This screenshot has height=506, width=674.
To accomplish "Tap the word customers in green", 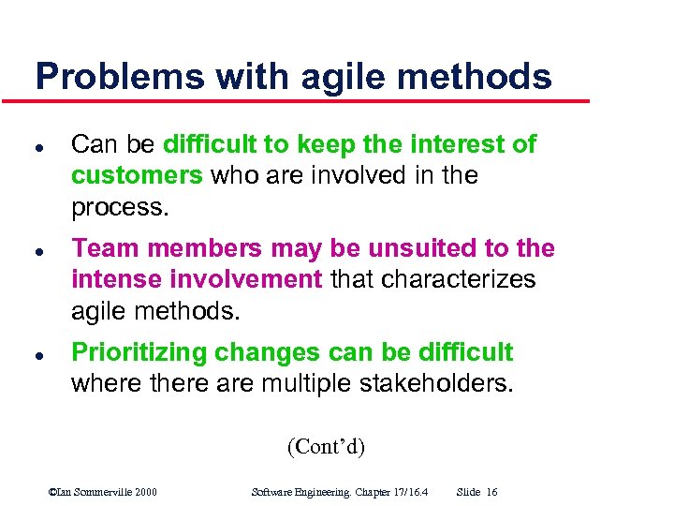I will tap(137, 175).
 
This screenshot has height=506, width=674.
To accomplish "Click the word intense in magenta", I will tap(119, 279).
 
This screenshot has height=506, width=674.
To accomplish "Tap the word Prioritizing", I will tap(139, 352).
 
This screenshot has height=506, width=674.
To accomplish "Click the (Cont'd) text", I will tap(326, 446).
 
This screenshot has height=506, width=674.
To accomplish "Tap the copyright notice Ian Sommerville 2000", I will tap(103, 492).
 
